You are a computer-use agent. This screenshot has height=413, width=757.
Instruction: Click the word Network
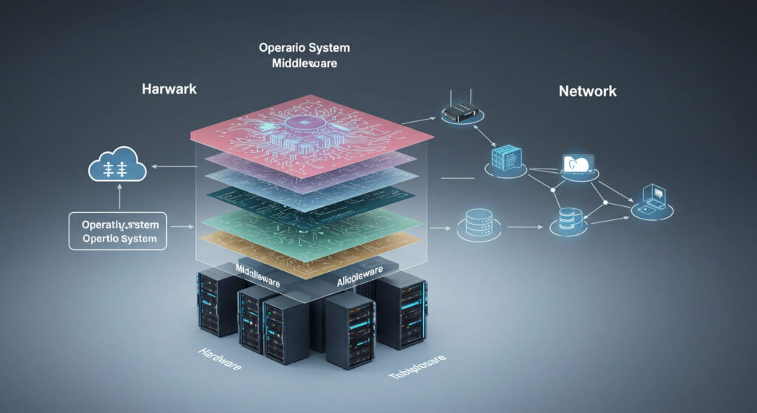pos(588,92)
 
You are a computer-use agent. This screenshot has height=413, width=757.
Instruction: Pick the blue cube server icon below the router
pos(507,159)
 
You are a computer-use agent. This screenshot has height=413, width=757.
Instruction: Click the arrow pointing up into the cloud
pos(120,197)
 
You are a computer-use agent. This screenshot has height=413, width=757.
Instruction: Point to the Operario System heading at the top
pos(304,48)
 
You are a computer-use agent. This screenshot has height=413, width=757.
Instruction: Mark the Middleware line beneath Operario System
pos(304,64)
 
